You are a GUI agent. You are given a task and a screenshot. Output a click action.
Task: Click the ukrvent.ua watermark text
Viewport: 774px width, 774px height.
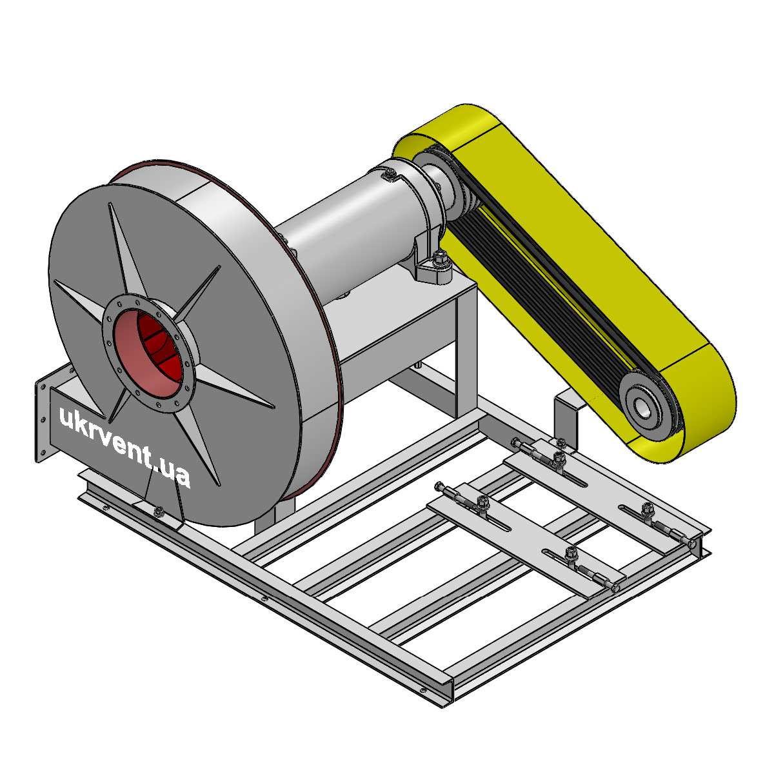[x=124, y=446]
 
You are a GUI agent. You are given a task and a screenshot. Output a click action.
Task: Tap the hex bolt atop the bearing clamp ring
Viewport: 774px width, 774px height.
[x=389, y=175]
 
